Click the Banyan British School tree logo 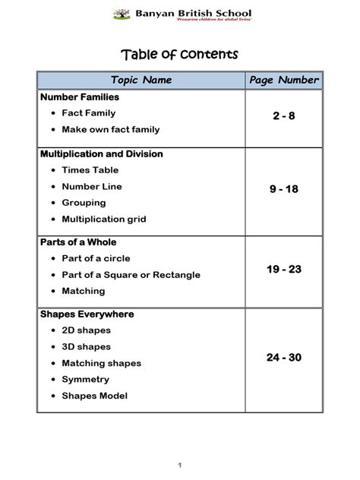click(122, 13)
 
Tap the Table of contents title click(180, 54)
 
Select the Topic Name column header click(141, 80)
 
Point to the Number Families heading click(80, 97)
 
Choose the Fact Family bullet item click(89, 113)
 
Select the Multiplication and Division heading click(101, 153)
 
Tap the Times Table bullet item click(90, 170)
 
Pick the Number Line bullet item click(92, 186)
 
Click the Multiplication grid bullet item click(104, 219)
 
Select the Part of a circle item click(96, 258)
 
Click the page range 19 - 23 click(284, 269)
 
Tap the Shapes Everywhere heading click(87, 314)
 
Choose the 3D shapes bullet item click(86, 346)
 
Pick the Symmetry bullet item click(86, 379)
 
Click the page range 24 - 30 click(284, 357)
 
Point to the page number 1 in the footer click(180, 464)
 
